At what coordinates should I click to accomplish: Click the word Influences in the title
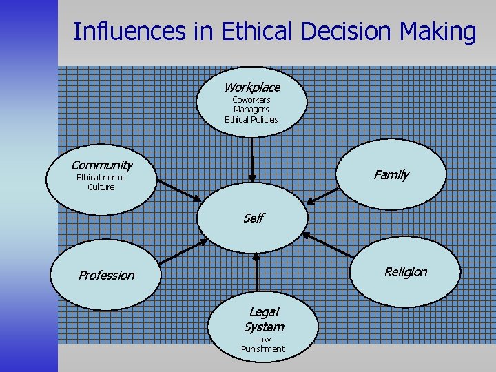[x=128, y=32]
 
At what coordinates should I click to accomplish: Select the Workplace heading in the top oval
[x=251, y=87]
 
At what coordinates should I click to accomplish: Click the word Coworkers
[x=251, y=100]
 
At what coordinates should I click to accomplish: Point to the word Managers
[x=251, y=110]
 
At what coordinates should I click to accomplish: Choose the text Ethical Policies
[x=251, y=119]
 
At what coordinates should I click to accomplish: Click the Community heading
[x=101, y=165]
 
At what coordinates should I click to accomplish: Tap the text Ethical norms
[x=101, y=178]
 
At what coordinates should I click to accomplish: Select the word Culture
[x=101, y=187]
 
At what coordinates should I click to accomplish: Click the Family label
[x=391, y=175]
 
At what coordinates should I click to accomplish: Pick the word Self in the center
[x=253, y=218]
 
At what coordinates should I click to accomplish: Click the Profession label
[x=106, y=275]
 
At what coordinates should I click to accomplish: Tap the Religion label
[x=405, y=272]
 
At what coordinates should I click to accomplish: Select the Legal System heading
[x=263, y=320]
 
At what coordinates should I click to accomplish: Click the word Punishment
[x=262, y=349]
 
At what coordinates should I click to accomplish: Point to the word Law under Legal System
[x=262, y=340]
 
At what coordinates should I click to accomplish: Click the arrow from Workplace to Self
[x=253, y=158]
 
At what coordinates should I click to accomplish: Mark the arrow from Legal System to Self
[x=256, y=272]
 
